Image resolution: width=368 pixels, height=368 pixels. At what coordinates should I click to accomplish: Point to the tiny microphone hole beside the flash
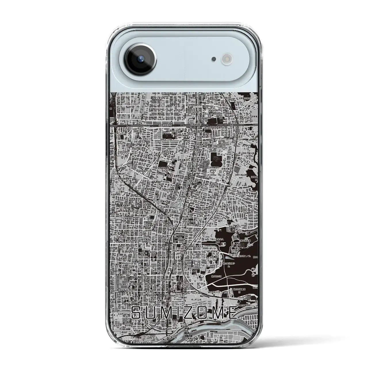[x=213, y=60]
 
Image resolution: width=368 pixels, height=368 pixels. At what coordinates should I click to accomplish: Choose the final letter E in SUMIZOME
[x=232, y=312]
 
